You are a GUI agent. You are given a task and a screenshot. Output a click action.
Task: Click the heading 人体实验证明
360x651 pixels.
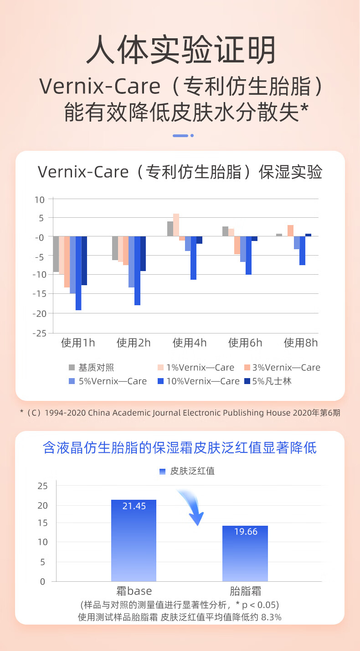click(180, 50)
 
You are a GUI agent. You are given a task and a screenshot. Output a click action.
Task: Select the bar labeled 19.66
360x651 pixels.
click(245, 554)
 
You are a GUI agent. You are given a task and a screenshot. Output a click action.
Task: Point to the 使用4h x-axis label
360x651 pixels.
click(190, 343)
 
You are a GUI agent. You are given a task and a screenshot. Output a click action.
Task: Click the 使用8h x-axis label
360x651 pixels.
click(301, 343)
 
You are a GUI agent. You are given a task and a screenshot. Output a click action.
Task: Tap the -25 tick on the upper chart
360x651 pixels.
click(40, 333)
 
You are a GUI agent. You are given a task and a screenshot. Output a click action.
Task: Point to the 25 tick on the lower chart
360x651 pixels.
click(42, 486)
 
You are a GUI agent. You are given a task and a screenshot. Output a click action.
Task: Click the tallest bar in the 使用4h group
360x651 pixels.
click(176, 225)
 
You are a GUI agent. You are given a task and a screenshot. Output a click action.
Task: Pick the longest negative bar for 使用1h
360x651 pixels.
click(78, 273)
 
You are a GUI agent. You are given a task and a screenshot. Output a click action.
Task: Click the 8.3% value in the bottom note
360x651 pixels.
click(271, 618)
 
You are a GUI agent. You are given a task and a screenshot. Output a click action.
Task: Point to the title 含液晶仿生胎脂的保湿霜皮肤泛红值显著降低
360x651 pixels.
click(180, 447)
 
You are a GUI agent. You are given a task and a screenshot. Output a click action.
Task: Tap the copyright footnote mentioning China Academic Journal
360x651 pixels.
click(180, 413)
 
